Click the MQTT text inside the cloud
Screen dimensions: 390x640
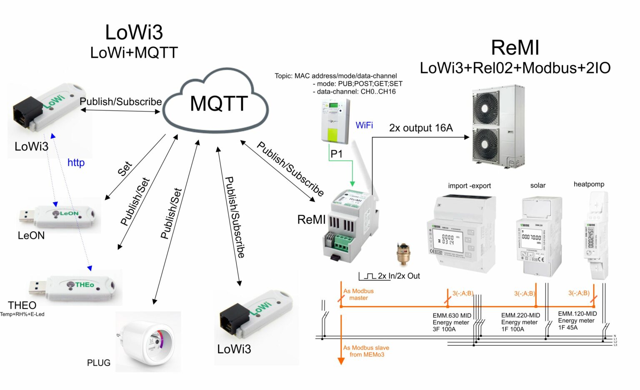(219, 103)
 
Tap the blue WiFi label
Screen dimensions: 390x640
(364, 125)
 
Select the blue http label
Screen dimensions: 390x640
(76, 162)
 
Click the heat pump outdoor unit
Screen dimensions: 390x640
(497, 127)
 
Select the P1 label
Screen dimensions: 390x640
(336, 154)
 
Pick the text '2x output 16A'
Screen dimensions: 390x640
(421, 128)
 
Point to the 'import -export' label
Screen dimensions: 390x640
(469, 186)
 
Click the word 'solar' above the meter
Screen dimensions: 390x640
(537, 185)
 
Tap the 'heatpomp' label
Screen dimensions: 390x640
(589, 184)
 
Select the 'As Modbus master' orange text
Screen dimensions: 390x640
(358, 294)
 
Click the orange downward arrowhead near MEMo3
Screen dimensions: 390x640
(341, 361)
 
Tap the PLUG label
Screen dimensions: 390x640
(99, 363)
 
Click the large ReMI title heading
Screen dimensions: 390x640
(515, 48)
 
